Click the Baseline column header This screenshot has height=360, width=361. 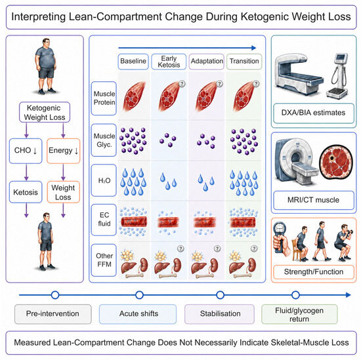[x=133, y=62]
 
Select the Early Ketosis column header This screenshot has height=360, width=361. [x=169, y=62]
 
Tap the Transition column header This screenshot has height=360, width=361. [x=244, y=62]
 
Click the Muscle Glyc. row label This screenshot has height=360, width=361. [x=104, y=140]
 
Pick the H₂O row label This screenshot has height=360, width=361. [x=104, y=180]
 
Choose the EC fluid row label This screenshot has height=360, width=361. [x=104, y=220]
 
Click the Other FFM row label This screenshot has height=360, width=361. [x=104, y=260]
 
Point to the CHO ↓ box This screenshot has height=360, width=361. [x=26, y=151]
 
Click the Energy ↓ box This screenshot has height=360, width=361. [x=63, y=151]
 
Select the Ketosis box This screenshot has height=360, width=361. [x=26, y=192]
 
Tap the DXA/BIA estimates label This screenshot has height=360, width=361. [x=314, y=113]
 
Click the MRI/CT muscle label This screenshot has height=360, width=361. [x=314, y=200]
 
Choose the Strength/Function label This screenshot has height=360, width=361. [x=314, y=272]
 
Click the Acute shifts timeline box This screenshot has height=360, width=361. [x=138, y=313]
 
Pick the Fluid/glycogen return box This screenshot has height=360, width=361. [x=299, y=314]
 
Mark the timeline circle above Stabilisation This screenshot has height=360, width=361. [x=221, y=295]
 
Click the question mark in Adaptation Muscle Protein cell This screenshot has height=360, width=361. [x=219, y=83]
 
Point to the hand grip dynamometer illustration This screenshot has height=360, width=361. [x=280, y=239]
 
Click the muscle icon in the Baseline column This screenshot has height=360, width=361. [x=134, y=96]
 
